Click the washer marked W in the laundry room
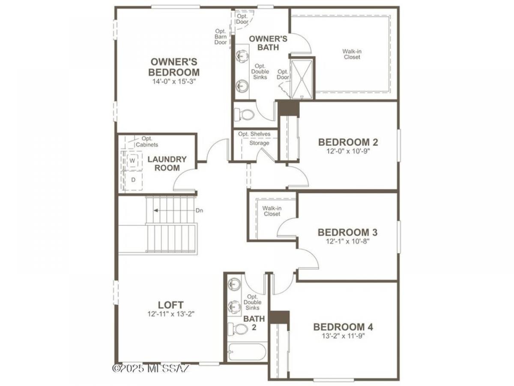[133, 160]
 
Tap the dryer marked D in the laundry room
[133, 180]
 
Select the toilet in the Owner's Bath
[244, 115]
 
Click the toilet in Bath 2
[238, 329]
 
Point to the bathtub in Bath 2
[248, 352]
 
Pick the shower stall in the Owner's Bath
[302, 79]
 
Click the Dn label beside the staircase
[199, 211]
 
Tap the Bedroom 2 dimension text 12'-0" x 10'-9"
[348, 151]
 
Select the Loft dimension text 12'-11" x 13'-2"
[171, 314]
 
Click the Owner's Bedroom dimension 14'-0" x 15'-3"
[174, 81]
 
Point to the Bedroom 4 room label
[343, 327]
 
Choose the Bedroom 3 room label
[348, 232]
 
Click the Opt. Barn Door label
[221, 37]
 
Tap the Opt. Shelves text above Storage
[254, 134]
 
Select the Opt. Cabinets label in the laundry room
[147, 142]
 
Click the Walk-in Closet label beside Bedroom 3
[272, 211]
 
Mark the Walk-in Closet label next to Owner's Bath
[352, 54]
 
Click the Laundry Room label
[167, 163]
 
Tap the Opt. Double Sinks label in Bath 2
[252, 302]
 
